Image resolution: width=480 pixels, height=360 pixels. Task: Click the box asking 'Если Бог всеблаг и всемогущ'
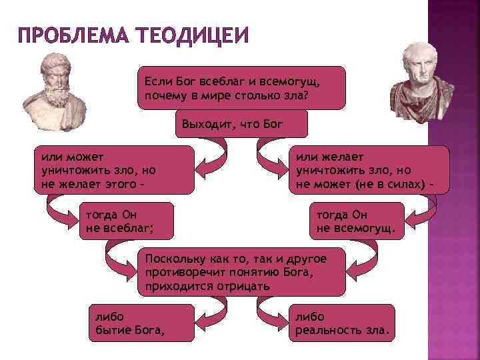(241, 87)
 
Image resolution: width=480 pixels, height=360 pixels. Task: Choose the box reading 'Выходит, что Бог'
(241, 124)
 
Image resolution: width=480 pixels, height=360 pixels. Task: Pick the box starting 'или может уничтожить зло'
(114, 170)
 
